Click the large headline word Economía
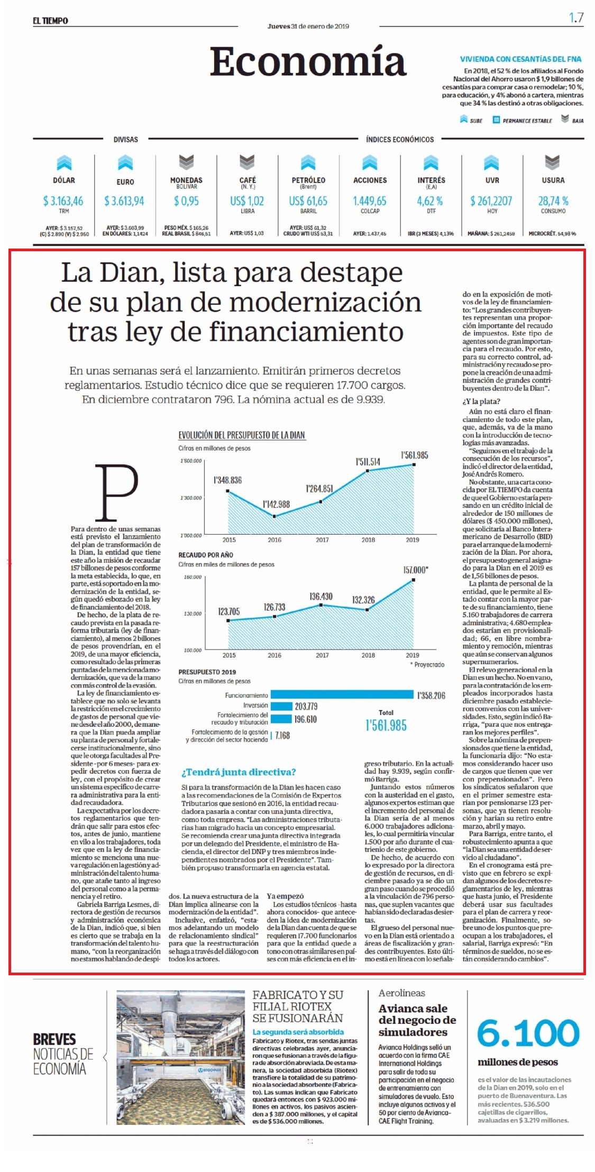(308, 62)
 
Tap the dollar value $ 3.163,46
(63, 201)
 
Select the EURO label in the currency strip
(125, 182)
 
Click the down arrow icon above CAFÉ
(247, 161)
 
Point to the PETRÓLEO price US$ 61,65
(308, 201)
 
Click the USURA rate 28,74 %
(553, 201)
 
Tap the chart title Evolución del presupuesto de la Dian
(242, 435)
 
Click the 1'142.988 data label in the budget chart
(277, 504)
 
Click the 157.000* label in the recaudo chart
(416, 570)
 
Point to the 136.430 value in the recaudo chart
(321, 596)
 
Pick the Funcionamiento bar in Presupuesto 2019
(342, 695)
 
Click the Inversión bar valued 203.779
(281, 706)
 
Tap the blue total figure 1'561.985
(386, 726)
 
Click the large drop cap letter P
(116, 492)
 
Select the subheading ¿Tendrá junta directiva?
(239, 772)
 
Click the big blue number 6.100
(528, 1033)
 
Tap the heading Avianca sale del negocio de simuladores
(417, 1020)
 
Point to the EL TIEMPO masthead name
(50, 21)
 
